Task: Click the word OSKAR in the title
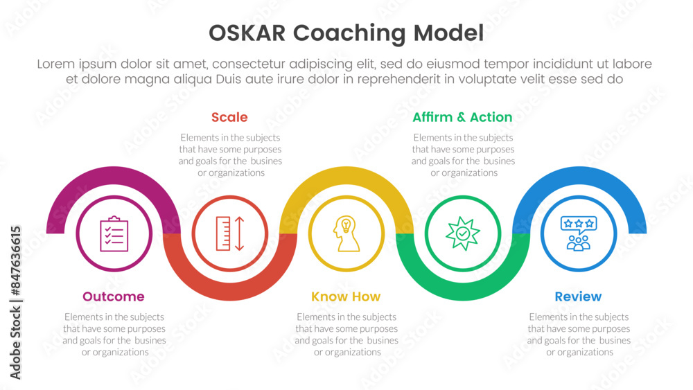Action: coord(247,33)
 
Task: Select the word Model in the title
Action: coord(448,33)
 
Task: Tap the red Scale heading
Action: coord(229,117)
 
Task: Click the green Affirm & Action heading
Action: coord(462,117)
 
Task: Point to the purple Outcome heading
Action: coord(114,296)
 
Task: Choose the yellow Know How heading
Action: coord(346,296)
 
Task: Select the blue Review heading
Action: coord(578,296)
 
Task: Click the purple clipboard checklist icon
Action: coord(114,233)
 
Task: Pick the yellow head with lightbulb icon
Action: coord(346,233)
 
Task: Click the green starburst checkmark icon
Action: coord(463,233)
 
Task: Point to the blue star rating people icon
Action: coord(579,233)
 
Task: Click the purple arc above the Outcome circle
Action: coord(114,176)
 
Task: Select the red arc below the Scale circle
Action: coord(230,292)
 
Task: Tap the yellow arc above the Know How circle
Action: coord(346,176)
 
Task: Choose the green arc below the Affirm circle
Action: coord(463,292)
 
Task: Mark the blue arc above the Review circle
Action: coord(579,176)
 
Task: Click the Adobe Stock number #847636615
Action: coord(16,261)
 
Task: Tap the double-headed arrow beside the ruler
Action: coord(240,233)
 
